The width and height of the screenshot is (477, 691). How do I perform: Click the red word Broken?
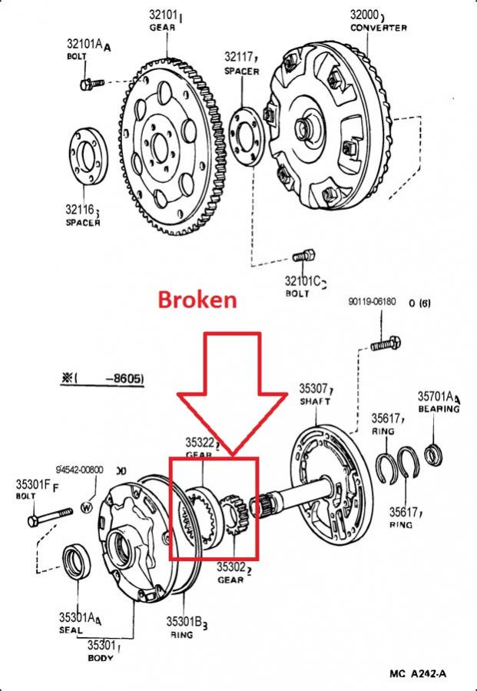tap(197, 299)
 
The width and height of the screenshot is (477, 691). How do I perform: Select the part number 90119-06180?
tap(373, 301)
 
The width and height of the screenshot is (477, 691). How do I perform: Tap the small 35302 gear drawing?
tap(232, 515)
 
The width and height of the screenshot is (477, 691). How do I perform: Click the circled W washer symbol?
tap(86, 507)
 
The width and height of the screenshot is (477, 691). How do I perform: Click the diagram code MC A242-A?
tap(418, 674)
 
